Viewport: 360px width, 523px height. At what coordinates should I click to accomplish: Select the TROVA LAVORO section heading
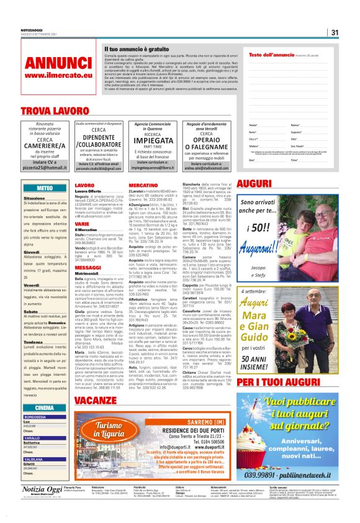click(x=50, y=111)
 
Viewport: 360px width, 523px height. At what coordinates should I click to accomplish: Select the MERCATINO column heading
click(x=143, y=185)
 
